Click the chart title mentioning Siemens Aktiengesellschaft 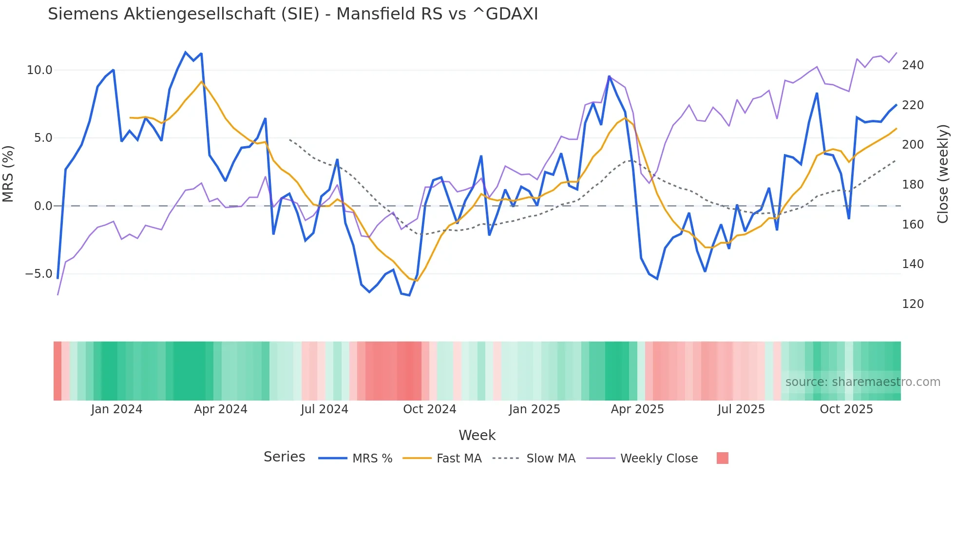tap(293, 14)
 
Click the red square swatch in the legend tap(723, 458)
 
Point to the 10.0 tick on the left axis tap(39, 70)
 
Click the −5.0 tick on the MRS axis tap(38, 274)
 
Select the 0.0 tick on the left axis tap(43, 206)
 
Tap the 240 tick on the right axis tap(913, 65)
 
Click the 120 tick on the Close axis tap(913, 304)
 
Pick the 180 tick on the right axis tap(913, 185)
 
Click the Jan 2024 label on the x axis tap(116, 409)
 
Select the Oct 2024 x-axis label tap(429, 409)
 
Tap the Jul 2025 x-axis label tap(741, 409)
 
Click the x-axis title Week tap(477, 435)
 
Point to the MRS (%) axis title tap(8, 173)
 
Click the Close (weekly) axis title tap(943, 173)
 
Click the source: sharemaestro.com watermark tap(862, 382)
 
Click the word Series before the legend tap(284, 457)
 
